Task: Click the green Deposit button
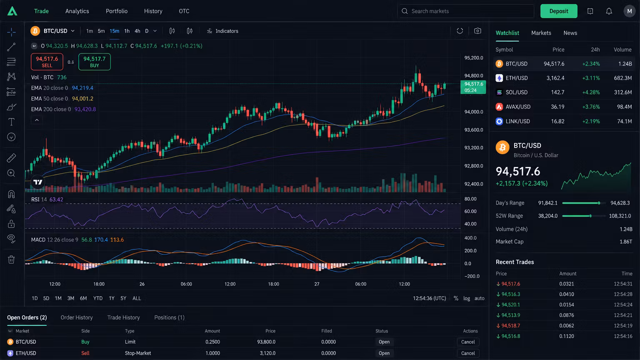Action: point(559,11)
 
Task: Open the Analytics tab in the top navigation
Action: point(77,11)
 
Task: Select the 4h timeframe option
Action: point(137,31)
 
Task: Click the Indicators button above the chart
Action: point(222,31)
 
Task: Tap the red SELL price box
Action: point(47,62)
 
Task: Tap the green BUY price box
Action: point(94,62)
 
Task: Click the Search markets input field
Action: point(466,11)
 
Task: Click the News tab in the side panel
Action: point(570,33)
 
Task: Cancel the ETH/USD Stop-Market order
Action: point(468,353)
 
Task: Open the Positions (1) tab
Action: point(170,317)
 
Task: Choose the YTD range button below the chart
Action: point(98,298)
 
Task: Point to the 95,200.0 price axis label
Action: point(474,58)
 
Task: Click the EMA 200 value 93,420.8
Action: point(85,109)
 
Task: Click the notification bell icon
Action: point(609,11)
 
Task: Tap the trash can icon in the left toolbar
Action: point(11,260)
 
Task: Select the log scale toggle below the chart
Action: point(467,298)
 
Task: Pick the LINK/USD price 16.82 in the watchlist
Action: point(557,121)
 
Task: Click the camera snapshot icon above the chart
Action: point(477,31)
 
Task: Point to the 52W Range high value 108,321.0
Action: point(620,216)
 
